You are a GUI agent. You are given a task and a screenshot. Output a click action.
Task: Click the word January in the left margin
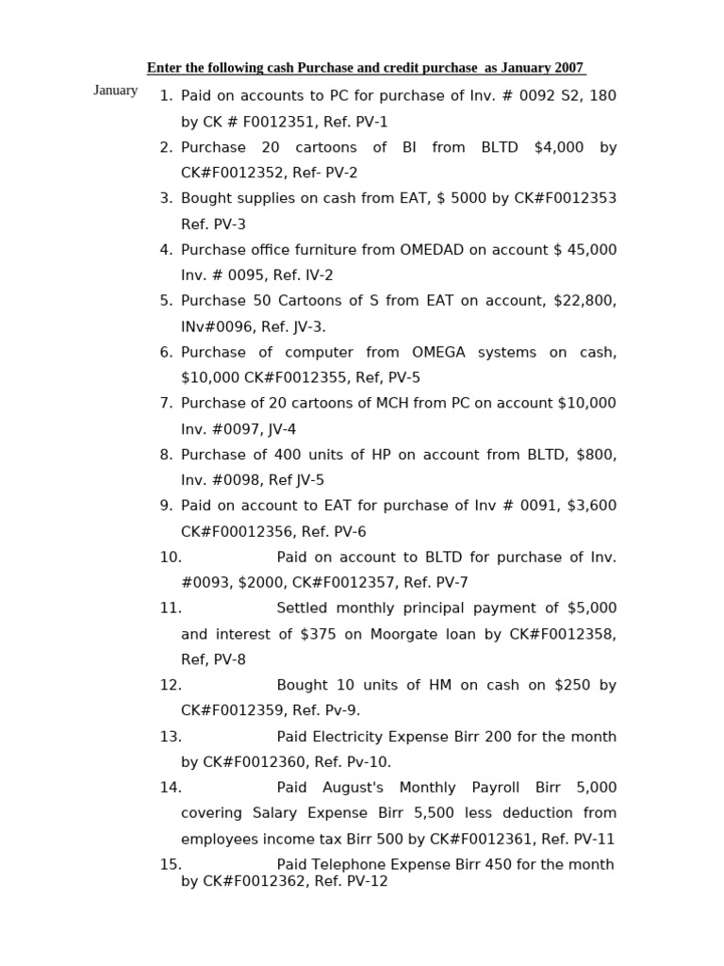(115, 91)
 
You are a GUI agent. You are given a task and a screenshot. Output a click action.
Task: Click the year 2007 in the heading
(568, 68)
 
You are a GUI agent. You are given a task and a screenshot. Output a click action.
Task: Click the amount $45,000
(584, 250)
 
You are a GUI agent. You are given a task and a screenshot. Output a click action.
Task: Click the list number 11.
(170, 608)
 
